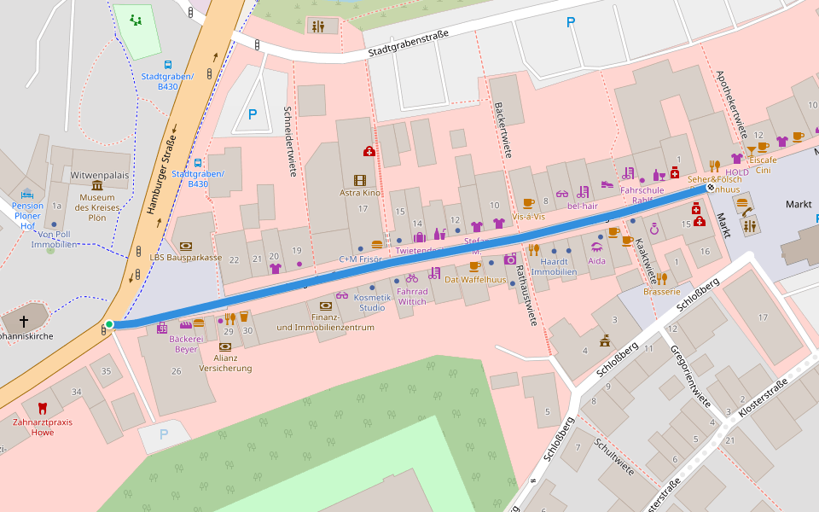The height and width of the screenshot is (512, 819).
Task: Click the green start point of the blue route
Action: (109, 324)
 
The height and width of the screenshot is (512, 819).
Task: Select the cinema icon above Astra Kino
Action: (360, 180)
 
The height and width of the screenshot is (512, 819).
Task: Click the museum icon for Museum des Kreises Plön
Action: (96, 186)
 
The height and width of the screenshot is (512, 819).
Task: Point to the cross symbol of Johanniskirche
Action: (24, 322)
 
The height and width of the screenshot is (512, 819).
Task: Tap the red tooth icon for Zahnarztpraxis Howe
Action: (43, 409)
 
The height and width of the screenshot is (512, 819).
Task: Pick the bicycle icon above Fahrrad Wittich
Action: (412, 278)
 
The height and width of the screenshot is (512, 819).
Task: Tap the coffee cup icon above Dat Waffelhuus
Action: (474, 266)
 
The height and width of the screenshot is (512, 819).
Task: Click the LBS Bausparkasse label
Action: (185, 257)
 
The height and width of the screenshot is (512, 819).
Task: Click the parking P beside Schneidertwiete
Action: (252, 113)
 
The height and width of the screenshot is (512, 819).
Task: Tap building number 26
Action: (177, 370)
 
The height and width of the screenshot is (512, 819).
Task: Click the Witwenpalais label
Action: (99, 175)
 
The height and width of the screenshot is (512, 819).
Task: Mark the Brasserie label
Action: (661, 291)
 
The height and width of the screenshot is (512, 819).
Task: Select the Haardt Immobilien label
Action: (555, 266)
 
